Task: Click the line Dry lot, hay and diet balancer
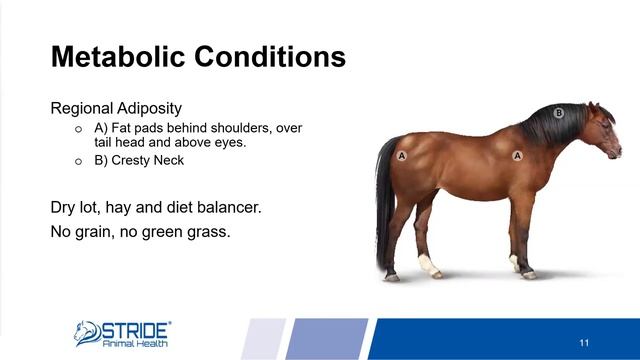(x=156, y=209)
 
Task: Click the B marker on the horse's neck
(x=559, y=113)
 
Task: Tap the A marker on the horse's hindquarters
(x=402, y=156)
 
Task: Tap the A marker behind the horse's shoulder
(x=518, y=156)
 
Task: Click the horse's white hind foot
(x=429, y=266)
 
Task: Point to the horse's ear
(x=591, y=105)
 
